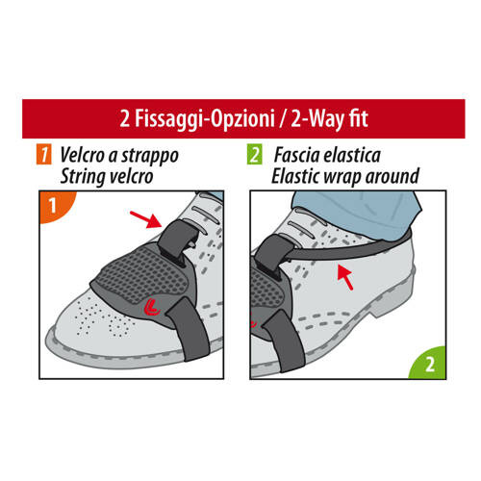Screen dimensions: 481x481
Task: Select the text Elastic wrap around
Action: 344,175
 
